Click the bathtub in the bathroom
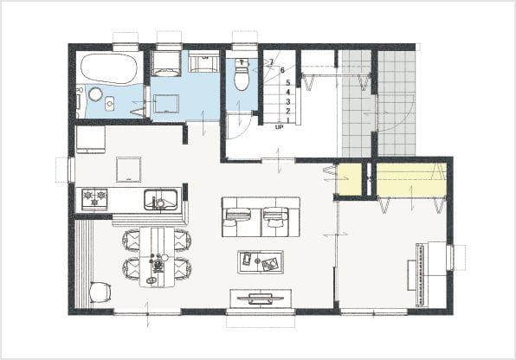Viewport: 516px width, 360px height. [x=107, y=68]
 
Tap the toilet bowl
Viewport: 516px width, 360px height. [x=242, y=75]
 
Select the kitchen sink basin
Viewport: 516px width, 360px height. [x=160, y=199]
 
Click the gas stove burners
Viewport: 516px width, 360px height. [x=94, y=199]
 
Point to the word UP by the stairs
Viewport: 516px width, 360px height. [x=279, y=126]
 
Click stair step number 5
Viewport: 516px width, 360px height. [x=288, y=82]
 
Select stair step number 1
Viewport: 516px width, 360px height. [x=288, y=120]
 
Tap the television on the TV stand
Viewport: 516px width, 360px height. [x=261, y=299]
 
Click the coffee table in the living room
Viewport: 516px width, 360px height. [x=261, y=262]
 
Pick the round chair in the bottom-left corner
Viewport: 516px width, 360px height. [x=100, y=292]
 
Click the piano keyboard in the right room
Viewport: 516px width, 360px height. [x=420, y=274]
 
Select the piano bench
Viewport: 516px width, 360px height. [x=412, y=275]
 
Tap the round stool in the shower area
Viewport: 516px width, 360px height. [x=95, y=94]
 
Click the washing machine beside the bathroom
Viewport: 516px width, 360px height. [x=166, y=63]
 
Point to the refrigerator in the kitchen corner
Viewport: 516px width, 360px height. [x=91, y=139]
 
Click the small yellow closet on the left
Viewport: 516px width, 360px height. [x=349, y=179]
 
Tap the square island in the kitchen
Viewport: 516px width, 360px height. [x=129, y=169]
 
